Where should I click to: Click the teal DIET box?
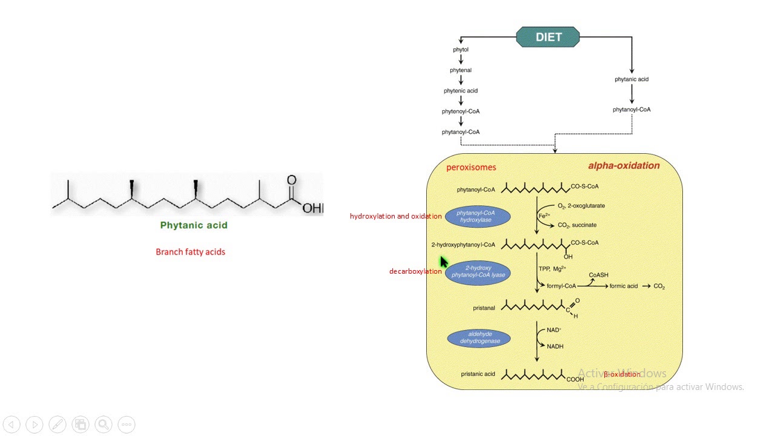(x=548, y=37)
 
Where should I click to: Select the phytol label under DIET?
(x=461, y=50)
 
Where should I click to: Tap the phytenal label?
(x=461, y=70)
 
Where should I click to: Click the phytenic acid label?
(x=461, y=91)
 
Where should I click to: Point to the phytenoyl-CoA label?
(x=461, y=111)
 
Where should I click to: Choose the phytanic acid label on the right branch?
(x=632, y=79)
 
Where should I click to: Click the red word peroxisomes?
(x=471, y=167)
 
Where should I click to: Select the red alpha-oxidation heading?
(x=624, y=165)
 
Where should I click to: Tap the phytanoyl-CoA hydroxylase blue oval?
(x=478, y=216)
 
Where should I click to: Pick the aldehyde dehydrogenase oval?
(x=478, y=337)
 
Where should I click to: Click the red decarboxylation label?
(x=415, y=271)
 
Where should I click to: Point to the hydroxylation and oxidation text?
(x=395, y=216)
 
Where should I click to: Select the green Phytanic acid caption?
(x=194, y=225)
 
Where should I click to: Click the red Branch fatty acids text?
(x=190, y=252)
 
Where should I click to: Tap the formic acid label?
(x=623, y=286)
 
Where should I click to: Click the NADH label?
(x=555, y=346)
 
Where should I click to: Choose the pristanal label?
(x=484, y=308)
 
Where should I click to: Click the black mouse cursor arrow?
(x=443, y=262)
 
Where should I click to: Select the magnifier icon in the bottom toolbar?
(x=103, y=424)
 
